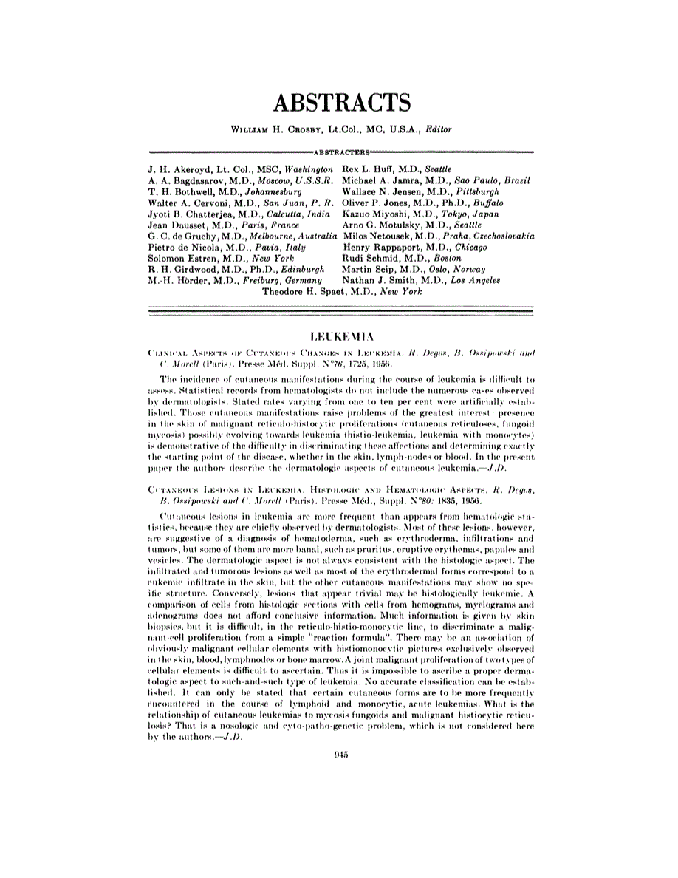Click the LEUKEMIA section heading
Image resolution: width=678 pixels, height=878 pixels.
[x=339, y=334]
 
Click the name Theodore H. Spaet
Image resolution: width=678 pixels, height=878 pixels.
[x=307, y=292]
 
